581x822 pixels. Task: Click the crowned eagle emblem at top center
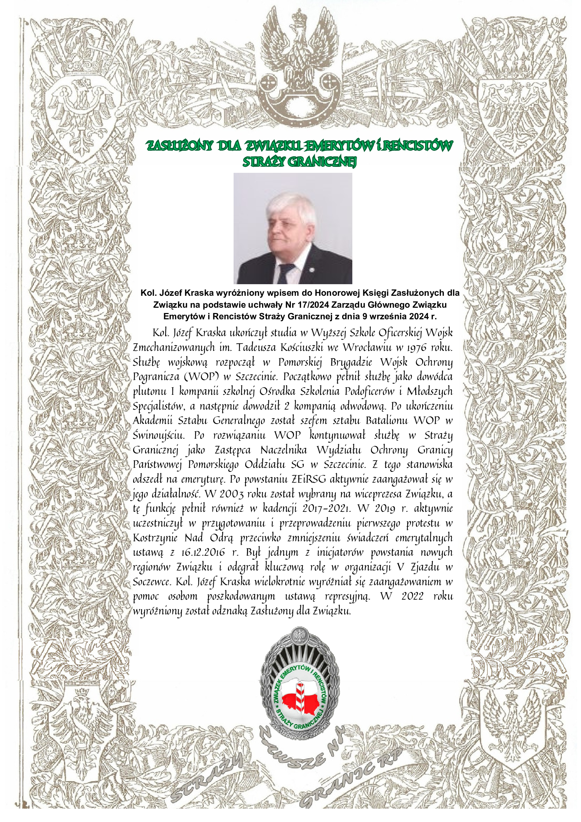tap(299, 54)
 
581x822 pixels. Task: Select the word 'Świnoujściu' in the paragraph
tap(158, 435)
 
